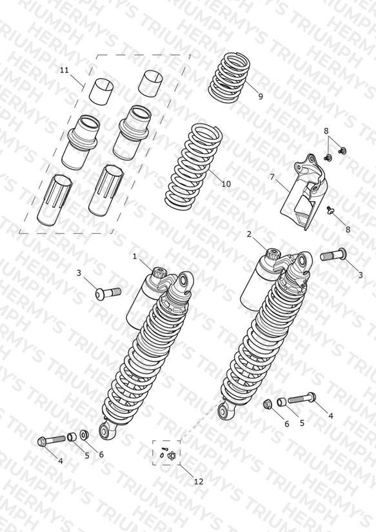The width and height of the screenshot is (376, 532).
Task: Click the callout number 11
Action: coord(64,70)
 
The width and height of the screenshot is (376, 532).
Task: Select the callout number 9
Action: coord(261,96)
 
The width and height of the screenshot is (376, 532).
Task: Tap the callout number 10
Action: coord(226,184)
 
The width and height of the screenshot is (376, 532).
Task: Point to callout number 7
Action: coord(272,177)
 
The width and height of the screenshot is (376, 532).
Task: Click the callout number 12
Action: coord(199,481)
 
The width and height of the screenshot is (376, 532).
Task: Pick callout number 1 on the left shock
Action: coord(135,256)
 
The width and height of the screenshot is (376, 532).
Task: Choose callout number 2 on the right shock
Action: coord(249,234)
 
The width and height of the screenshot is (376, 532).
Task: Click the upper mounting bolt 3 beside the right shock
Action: coord(333,254)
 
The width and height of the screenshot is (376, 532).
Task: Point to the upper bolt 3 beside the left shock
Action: coord(108,291)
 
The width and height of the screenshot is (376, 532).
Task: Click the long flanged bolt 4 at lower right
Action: coord(302,398)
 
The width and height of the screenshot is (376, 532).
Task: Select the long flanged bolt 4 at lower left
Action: coord(51,440)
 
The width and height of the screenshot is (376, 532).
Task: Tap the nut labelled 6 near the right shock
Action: coord(268,404)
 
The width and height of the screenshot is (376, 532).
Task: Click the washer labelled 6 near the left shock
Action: coord(84,435)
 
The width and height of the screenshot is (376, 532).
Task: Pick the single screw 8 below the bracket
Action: coord(330,210)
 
